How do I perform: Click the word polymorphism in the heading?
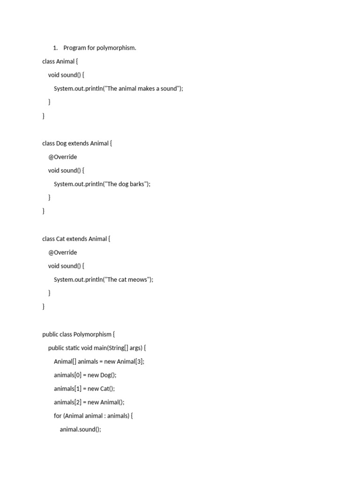click(x=116, y=48)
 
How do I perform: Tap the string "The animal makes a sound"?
click(x=144, y=89)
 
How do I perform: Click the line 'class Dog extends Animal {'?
click(x=77, y=143)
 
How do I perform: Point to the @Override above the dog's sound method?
click(x=62, y=157)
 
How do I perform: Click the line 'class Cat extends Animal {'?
click(x=76, y=239)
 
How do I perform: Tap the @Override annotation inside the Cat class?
click(x=62, y=253)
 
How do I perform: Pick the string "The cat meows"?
click(x=129, y=280)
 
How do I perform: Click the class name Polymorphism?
click(x=92, y=335)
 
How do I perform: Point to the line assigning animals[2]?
click(x=89, y=403)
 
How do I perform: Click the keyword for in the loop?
click(x=58, y=416)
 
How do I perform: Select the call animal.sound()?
click(x=80, y=430)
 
